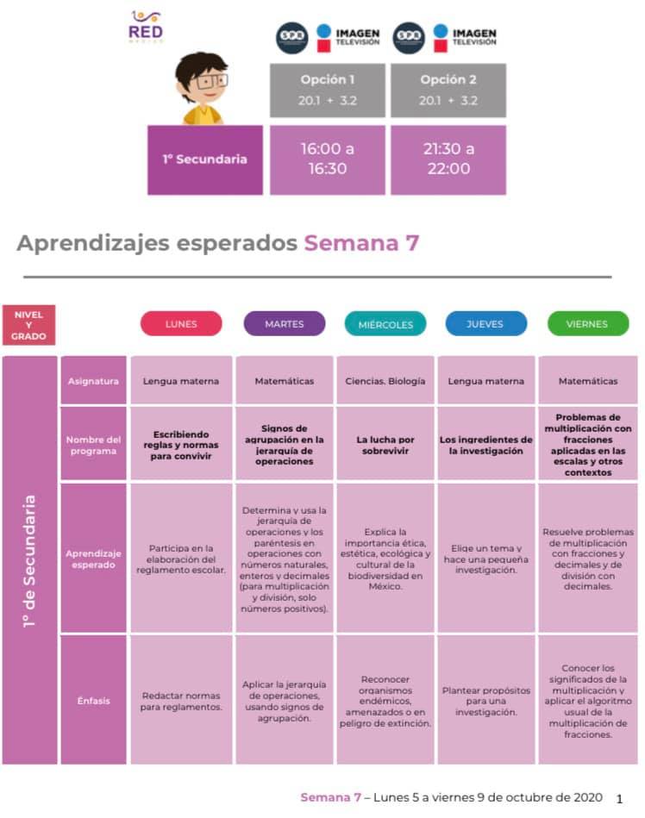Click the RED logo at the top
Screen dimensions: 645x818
[x=146, y=27]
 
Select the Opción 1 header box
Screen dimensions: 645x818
[x=327, y=91]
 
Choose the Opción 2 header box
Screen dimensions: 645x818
[x=448, y=91]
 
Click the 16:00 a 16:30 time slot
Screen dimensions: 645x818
[x=327, y=159]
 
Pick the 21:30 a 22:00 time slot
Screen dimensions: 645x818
[x=448, y=159]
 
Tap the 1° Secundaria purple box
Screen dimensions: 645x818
[x=205, y=159]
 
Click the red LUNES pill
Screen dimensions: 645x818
[x=181, y=323]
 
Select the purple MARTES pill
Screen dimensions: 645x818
[x=285, y=323]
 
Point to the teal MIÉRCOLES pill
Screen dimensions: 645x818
[x=385, y=324]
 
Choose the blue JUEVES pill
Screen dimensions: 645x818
[x=485, y=323]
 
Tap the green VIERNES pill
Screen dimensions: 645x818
[x=587, y=323]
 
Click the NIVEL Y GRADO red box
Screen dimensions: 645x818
[x=28, y=325]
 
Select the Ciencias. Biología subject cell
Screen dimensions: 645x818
[x=385, y=381]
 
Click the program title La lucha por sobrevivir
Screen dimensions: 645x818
[x=385, y=445]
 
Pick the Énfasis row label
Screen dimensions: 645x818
[x=93, y=701]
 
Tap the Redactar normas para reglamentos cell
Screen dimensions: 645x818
[x=181, y=701]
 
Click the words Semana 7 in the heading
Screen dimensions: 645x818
[x=361, y=242]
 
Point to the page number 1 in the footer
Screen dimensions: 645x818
[x=619, y=799]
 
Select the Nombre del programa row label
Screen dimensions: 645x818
[x=93, y=445]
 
